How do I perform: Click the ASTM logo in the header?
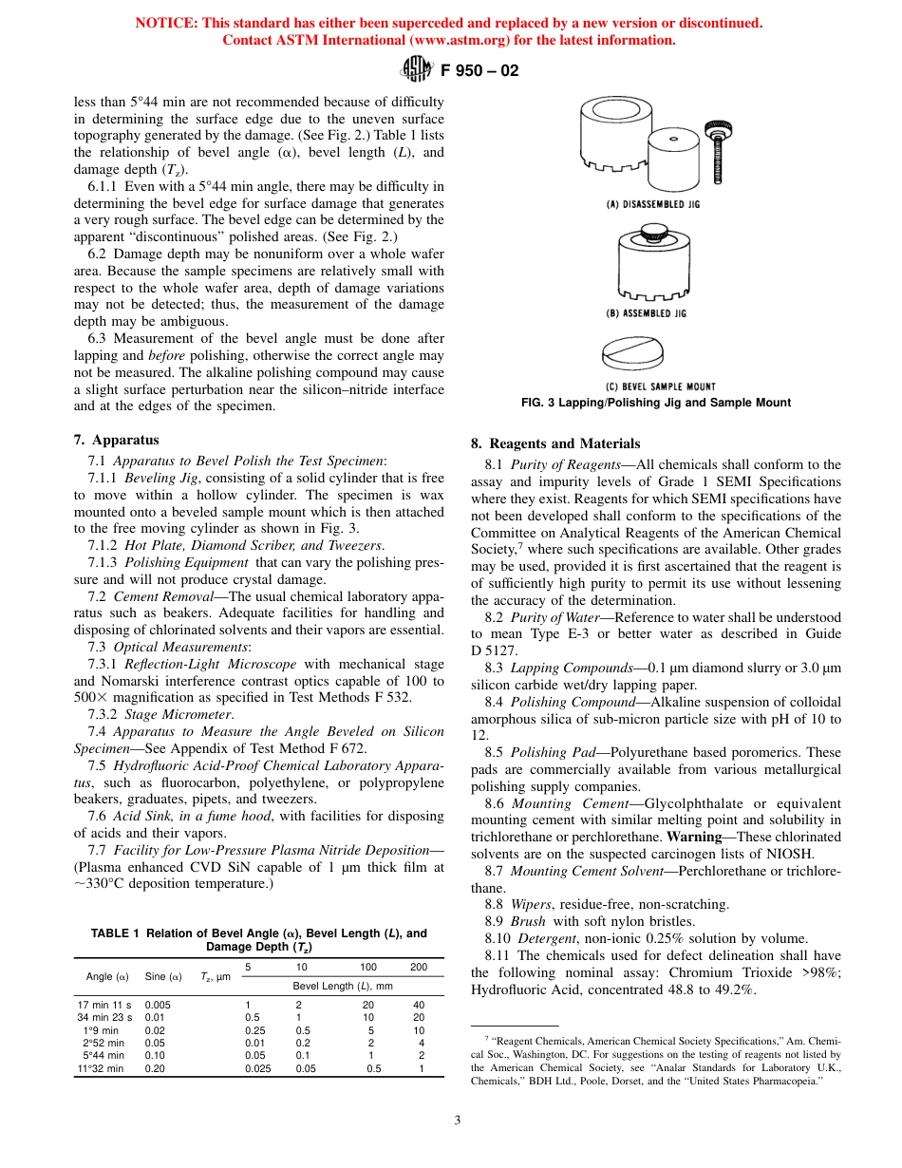[418, 69]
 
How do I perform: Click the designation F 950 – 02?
[479, 70]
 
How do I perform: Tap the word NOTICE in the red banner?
[166, 23]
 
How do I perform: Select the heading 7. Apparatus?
[117, 440]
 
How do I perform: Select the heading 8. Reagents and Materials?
[555, 443]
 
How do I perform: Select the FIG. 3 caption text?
[656, 403]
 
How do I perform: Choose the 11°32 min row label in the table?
[101, 1068]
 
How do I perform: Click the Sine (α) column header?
[162, 976]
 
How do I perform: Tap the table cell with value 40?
[419, 1005]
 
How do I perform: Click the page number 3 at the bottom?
[457, 1121]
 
